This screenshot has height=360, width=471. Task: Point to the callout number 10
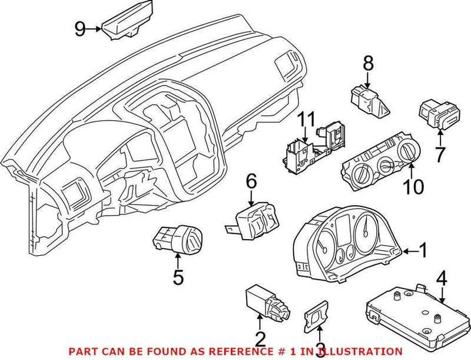[409, 187]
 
